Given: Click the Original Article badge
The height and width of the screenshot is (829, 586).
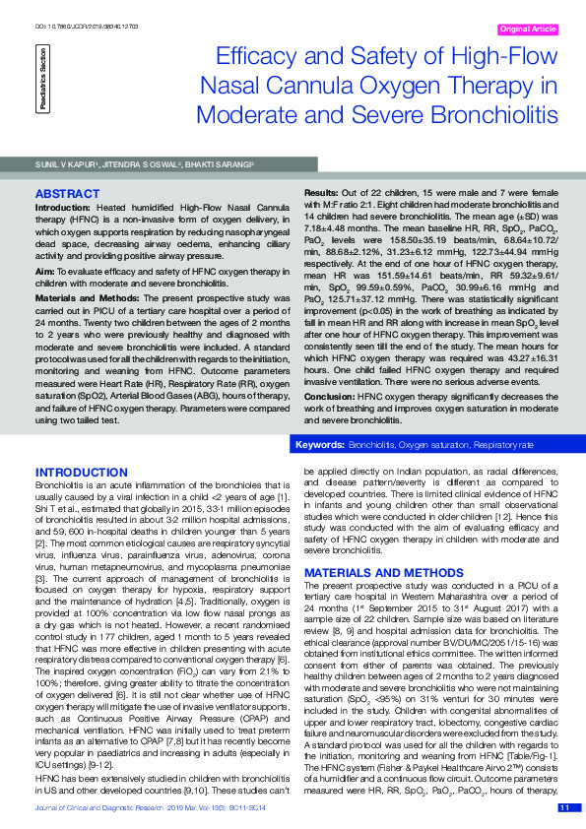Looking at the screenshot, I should pyautogui.click(x=528, y=30).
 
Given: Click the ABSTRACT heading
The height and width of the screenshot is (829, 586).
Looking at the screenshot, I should pyautogui.click(x=66, y=194).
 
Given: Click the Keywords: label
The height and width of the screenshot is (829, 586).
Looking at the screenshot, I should pyautogui.click(x=320, y=446).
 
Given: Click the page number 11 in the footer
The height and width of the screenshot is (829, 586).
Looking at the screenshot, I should pyautogui.click(x=564, y=807).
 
